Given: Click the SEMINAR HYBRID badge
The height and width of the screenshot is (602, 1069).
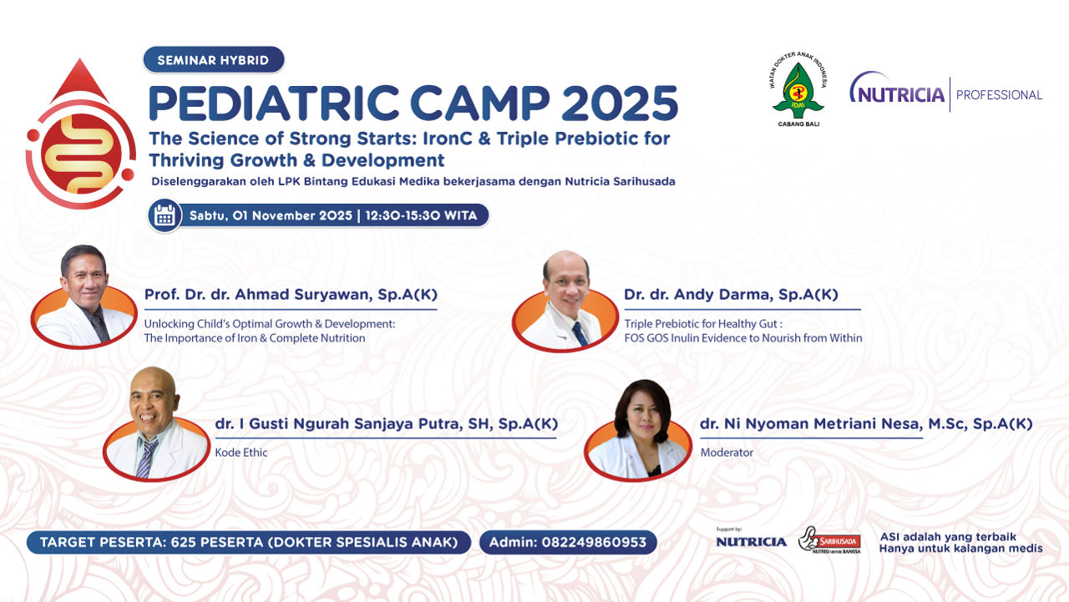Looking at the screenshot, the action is coord(214,59).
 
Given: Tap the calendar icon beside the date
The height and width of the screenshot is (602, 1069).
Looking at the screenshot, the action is coord(165,215).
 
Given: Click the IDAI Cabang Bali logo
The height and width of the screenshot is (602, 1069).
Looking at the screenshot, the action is coord(798,89).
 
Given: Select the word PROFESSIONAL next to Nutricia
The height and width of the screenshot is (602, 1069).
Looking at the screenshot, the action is coord(999,95).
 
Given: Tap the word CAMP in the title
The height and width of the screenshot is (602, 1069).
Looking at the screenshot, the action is coord(479,103).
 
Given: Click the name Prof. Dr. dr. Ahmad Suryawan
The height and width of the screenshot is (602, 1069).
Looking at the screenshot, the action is coord(258,295).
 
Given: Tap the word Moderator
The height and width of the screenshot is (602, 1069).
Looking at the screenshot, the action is coord(727,453).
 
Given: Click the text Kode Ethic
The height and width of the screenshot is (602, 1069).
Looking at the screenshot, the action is coord(241,453).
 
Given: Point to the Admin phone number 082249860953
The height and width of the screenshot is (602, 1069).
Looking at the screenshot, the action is coord(594,543).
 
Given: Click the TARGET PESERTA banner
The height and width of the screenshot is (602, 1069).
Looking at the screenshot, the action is coord(249,543).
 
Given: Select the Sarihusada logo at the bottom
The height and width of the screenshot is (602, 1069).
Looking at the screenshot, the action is coord(829,540).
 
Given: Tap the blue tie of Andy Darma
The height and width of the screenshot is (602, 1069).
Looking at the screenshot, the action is coord(580,334).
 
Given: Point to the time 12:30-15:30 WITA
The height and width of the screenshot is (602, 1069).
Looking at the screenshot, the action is coord(421,215).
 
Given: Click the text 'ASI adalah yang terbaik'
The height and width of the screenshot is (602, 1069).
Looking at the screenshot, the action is coord(948,537).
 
